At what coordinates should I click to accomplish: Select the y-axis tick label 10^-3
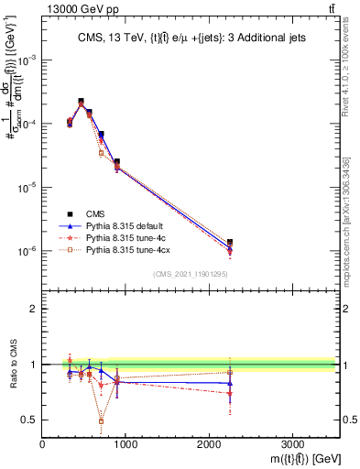(25, 59)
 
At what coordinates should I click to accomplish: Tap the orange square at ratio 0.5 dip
(101, 421)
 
